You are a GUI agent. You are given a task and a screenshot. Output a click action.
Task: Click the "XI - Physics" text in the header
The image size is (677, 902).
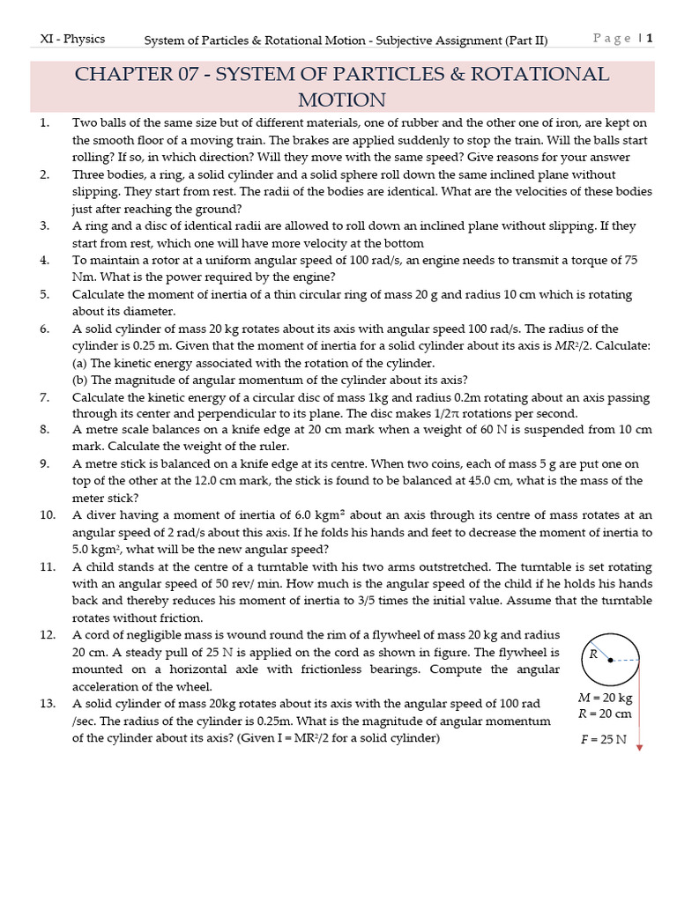72,39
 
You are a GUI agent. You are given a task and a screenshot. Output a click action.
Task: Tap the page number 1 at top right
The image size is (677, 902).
650,38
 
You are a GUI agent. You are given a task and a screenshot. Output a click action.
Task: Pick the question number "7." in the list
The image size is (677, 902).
45,397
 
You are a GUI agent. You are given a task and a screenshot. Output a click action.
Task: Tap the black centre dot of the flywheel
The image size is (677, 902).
610,660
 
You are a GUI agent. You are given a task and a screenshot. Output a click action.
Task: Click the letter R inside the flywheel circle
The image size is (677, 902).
594,654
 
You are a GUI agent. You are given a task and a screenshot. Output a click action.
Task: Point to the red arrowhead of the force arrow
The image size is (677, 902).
639,748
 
